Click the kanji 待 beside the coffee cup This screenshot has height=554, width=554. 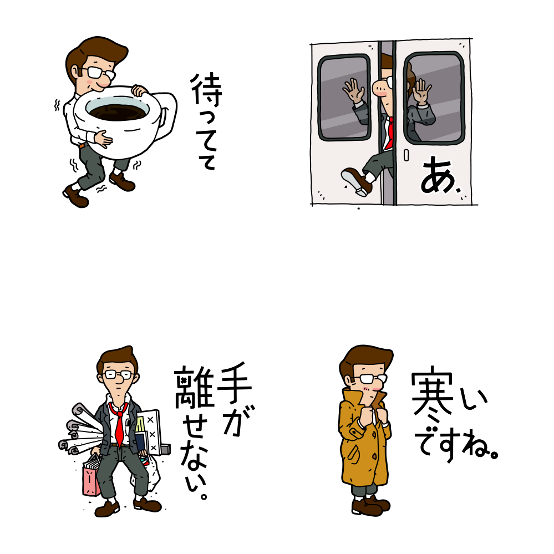206,90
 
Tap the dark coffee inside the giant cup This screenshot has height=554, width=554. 118,111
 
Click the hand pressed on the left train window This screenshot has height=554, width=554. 353,90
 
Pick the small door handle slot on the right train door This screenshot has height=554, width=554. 406,155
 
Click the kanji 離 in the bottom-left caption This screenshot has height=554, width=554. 194,387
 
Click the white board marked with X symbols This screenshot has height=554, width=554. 150,433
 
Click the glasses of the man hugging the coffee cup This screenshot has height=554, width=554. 100,73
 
